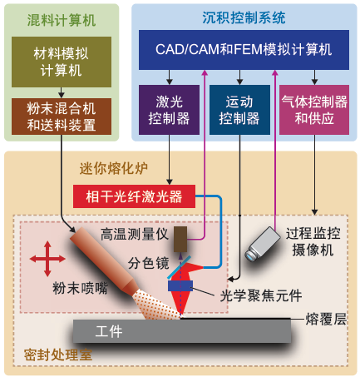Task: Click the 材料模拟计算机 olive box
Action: [62, 62]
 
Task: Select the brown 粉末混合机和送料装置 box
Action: [62, 117]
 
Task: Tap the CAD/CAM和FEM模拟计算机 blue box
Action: [244, 50]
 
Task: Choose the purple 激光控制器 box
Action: [169, 110]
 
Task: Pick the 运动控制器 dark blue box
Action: [239, 110]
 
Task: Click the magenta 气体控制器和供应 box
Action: [314, 110]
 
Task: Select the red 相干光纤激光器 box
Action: [134, 196]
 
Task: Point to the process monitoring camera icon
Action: [262, 244]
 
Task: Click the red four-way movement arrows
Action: [47, 259]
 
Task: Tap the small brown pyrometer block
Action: [180, 240]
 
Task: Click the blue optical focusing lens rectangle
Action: [180, 285]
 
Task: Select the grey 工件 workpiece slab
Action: [182, 331]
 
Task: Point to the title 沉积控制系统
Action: [244, 17]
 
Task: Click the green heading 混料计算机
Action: [62, 20]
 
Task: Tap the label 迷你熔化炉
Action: [114, 168]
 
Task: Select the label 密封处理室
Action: [58, 355]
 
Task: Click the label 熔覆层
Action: [326, 319]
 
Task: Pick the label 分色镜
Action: [149, 263]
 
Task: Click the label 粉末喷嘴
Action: [80, 288]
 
